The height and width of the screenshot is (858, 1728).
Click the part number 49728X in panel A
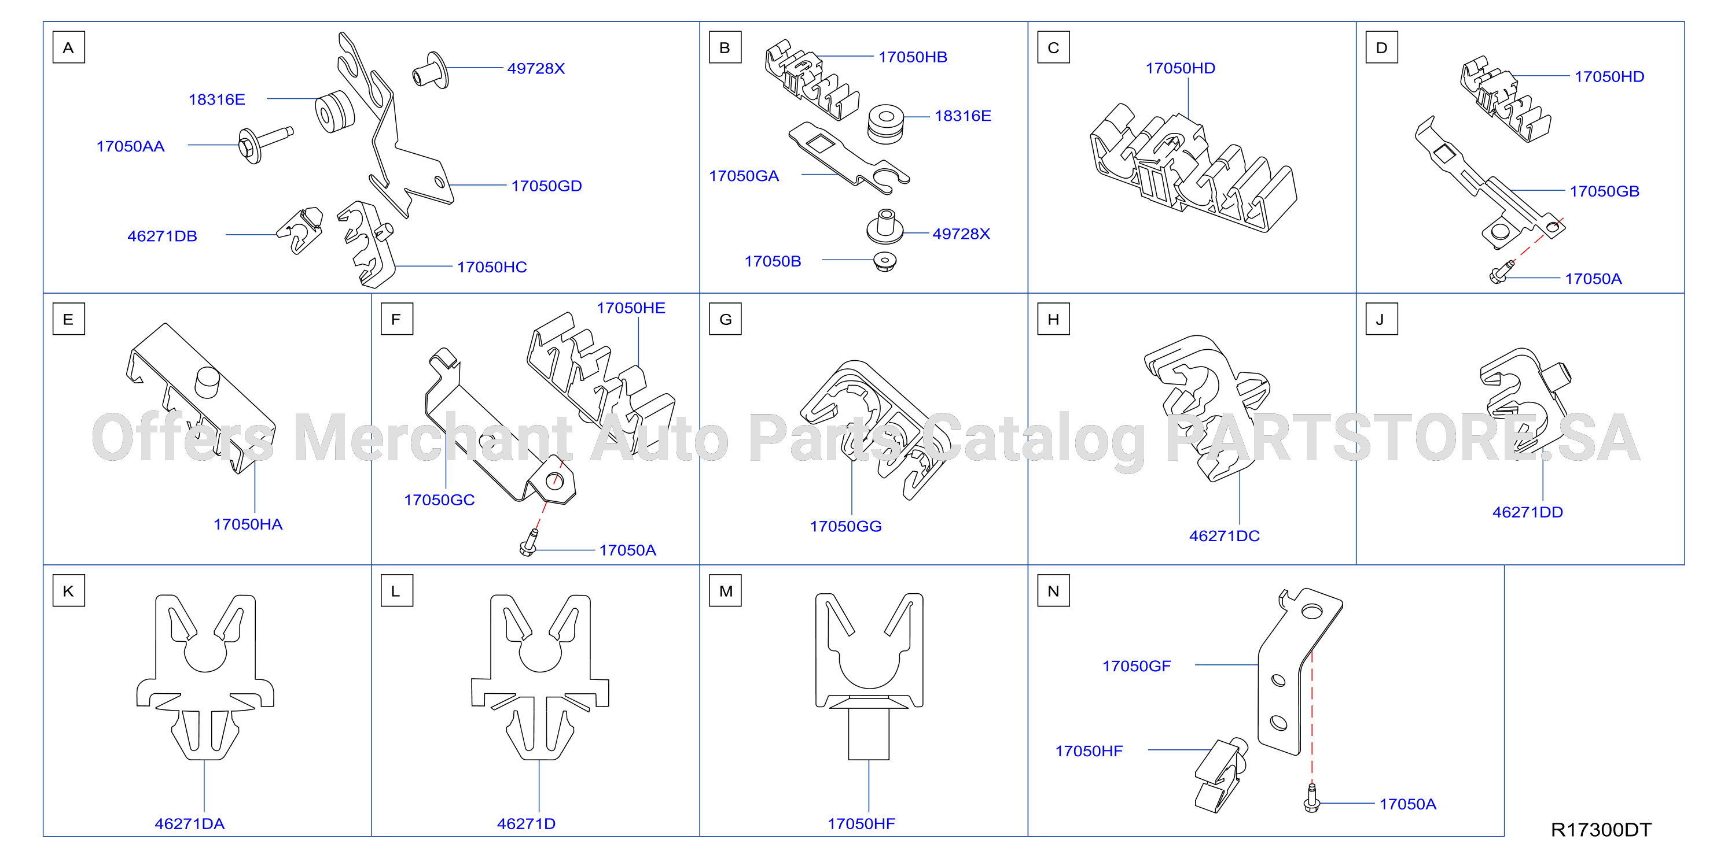(536, 68)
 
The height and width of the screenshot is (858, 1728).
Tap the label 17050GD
(546, 186)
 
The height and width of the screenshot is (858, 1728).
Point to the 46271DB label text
(163, 236)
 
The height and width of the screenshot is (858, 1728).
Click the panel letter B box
(725, 47)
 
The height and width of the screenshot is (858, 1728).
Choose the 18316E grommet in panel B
(885, 123)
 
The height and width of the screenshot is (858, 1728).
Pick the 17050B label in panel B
(773, 261)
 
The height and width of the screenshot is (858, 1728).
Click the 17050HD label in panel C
(1180, 68)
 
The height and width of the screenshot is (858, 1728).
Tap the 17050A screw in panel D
(1501, 273)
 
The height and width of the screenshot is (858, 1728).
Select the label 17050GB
(1604, 191)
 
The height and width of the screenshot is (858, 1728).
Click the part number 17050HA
(248, 524)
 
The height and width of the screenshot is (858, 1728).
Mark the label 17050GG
(845, 526)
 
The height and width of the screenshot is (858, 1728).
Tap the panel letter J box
(1382, 319)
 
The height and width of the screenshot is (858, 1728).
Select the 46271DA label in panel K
(189, 824)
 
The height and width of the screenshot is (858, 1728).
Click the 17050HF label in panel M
(861, 824)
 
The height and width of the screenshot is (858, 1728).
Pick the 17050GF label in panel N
(1137, 665)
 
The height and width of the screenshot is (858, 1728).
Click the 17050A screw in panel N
(1311, 798)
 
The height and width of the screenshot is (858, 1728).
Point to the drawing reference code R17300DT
(1601, 830)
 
